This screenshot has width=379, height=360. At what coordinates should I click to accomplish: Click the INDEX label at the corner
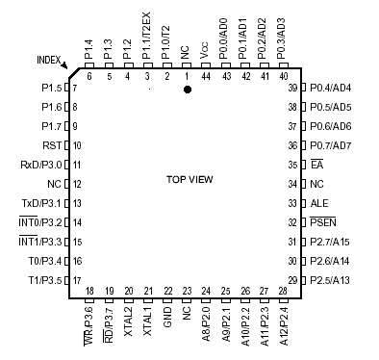(x=49, y=60)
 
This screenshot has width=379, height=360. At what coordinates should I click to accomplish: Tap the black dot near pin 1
(x=188, y=90)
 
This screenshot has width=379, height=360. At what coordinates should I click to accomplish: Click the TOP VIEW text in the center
(x=189, y=180)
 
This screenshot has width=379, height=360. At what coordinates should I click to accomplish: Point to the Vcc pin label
(x=205, y=51)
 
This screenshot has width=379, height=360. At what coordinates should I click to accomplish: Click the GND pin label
(x=167, y=316)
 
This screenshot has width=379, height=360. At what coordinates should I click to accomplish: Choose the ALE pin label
(x=319, y=203)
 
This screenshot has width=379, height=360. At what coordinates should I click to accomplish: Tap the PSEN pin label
(x=323, y=222)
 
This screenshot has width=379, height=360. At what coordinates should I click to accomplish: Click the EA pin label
(x=316, y=165)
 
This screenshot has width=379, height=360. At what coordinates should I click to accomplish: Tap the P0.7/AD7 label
(x=331, y=145)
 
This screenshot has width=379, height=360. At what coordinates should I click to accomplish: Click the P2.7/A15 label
(x=330, y=242)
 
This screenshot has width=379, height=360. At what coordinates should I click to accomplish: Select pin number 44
(x=205, y=75)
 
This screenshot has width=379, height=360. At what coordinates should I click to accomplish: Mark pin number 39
(x=291, y=88)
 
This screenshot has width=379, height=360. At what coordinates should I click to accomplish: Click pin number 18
(x=89, y=291)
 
